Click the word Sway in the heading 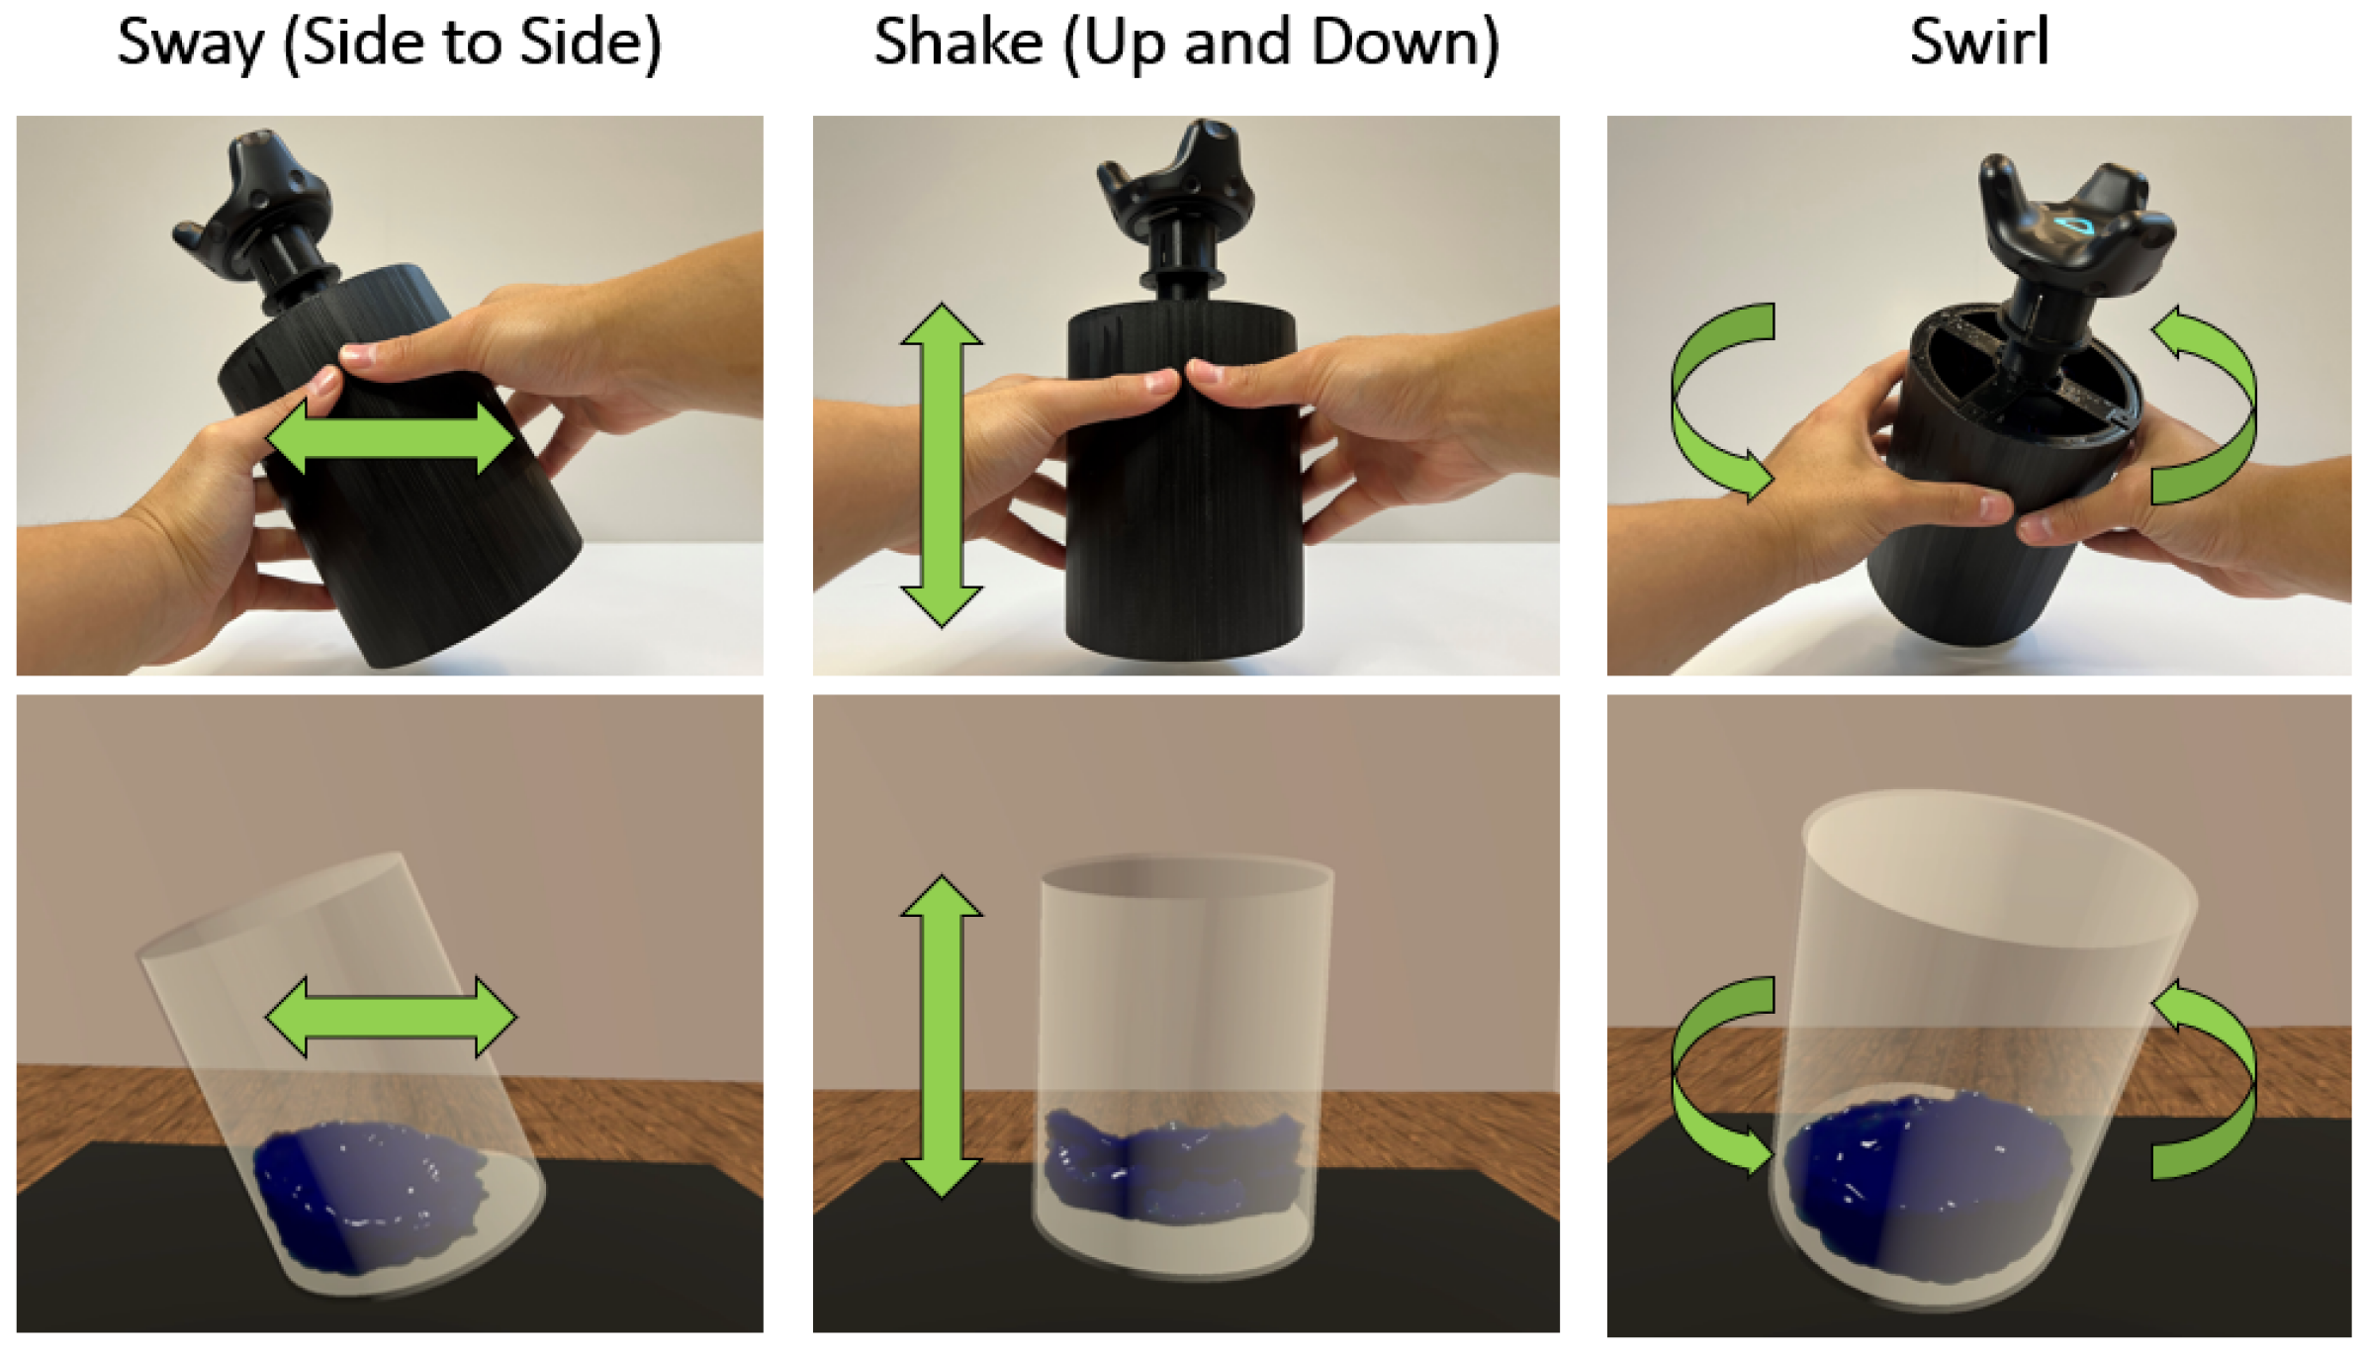pyautogui.click(x=190, y=45)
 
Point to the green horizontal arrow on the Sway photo pyautogui.click(x=391, y=437)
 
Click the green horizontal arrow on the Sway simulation pyautogui.click(x=391, y=1016)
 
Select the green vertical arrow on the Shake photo pyautogui.click(x=942, y=465)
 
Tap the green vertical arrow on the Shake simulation pyautogui.click(x=942, y=1037)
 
